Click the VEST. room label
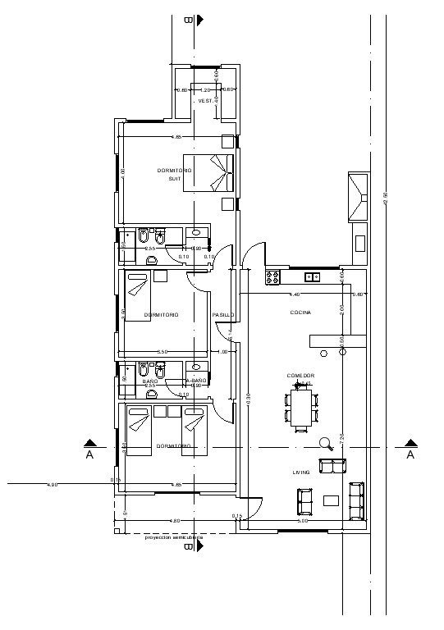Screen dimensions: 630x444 pos(205,101)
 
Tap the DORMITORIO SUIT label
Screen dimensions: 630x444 pos(174,174)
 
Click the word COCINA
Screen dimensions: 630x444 pos(300,313)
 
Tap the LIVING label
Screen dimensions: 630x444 pos(301,472)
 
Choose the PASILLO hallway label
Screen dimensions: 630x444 pos(223,315)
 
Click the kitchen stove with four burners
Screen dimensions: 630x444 pos(273,276)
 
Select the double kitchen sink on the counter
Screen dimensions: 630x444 pos(312,276)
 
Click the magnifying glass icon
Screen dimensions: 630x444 pos(326,445)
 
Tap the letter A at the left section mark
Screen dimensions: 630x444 pos(89,454)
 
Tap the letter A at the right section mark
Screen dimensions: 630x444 pos(410,454)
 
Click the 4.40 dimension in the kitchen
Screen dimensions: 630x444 pos(295,294)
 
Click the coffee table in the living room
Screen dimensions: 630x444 pos(331,500)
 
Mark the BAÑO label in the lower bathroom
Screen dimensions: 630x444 pos(149,381)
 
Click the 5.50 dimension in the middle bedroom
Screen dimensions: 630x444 pos(162,352)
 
